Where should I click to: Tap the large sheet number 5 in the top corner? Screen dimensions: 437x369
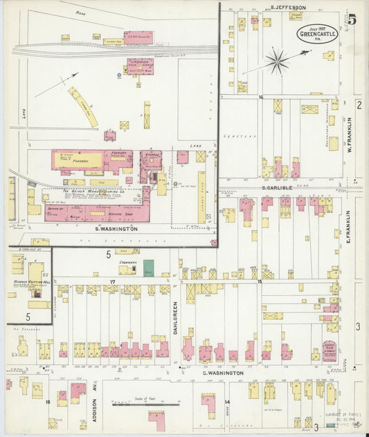[352, 19]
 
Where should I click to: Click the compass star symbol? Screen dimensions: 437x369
[278, 62]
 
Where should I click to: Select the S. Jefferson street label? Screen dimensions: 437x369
[288, 8]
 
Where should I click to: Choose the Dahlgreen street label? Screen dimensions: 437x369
[176, 317]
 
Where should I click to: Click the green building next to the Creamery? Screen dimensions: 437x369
[148, 268]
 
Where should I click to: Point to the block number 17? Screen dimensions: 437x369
[111, 282]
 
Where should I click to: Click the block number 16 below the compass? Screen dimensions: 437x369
[261, 97]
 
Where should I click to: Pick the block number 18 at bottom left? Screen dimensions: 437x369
[48, 401]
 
